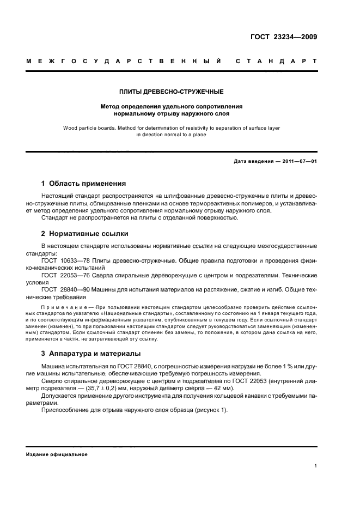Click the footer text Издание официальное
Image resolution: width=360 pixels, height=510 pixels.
click(57, 454)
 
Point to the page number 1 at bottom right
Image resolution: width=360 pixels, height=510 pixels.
click(316, 466)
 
